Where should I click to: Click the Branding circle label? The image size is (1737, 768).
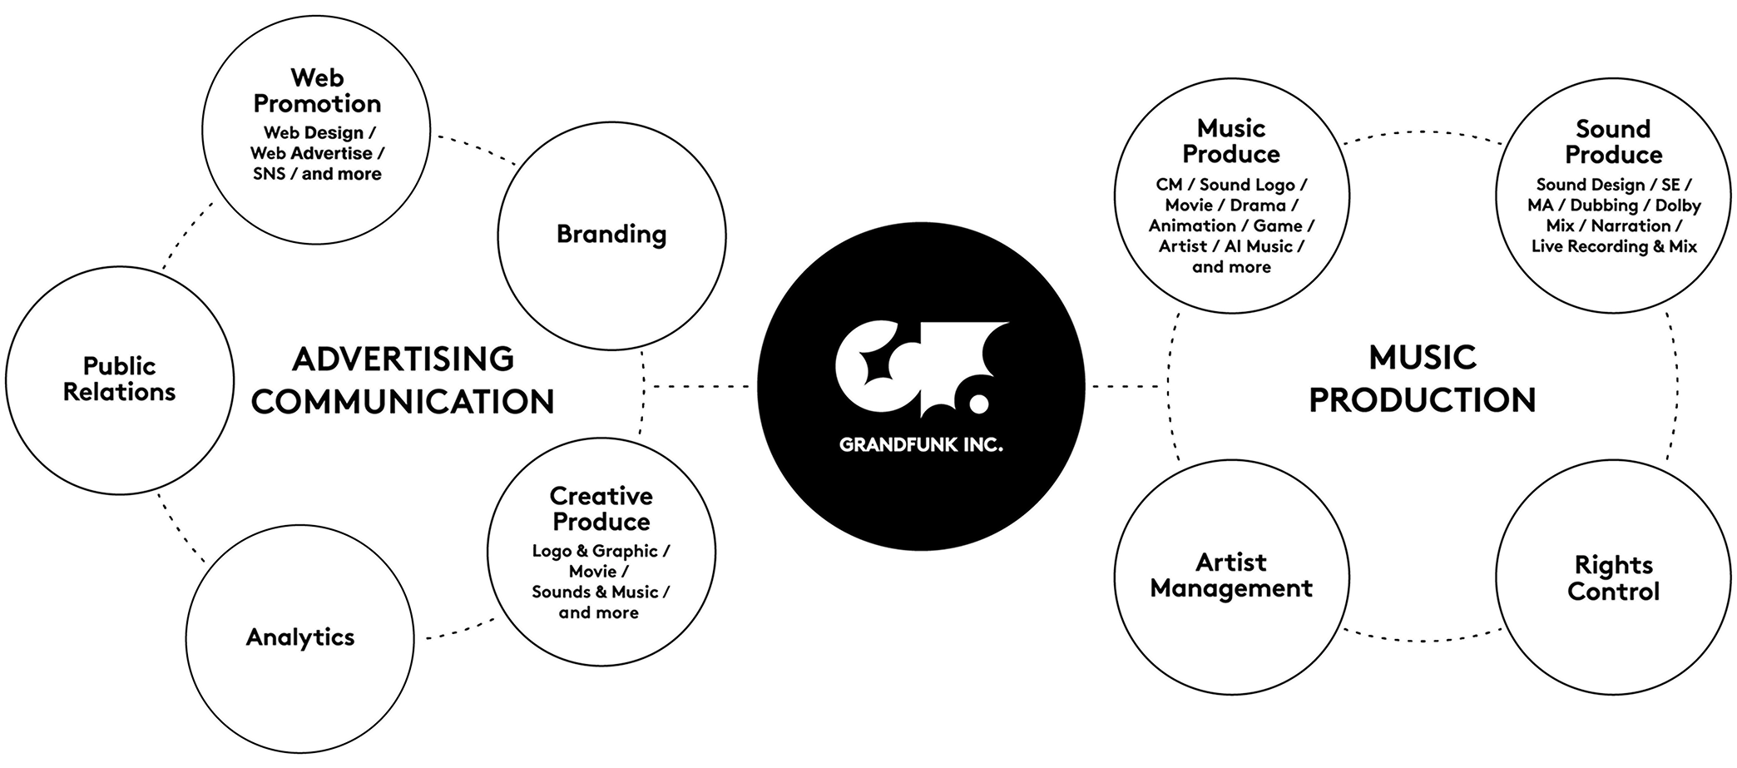point(611,235)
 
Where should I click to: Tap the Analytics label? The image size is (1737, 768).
point(300,637)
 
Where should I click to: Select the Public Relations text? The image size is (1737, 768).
point(120,379)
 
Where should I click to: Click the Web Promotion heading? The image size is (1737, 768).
point(317,91)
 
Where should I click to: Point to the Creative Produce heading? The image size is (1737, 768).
point(601,508)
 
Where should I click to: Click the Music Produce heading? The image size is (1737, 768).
point(1231,141)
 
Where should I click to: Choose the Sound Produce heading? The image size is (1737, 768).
point(1613,142)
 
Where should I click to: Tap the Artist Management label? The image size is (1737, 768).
point(1231,575)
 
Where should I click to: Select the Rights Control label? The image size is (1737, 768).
point(1613,578)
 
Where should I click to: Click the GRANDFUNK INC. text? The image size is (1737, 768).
point(921,445)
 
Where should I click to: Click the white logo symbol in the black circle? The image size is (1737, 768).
point(922,369)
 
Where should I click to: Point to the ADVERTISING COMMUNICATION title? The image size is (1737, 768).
point(403,380)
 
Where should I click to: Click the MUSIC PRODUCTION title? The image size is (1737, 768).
point(1423,379)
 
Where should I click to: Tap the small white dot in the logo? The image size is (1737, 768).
point(979,404)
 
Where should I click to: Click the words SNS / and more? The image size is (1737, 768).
point(317,174)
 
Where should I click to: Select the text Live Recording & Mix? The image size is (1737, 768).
point(1614,246)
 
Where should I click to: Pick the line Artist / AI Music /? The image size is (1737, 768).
point(1231,246)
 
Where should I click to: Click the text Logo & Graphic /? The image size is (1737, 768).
point(601,551)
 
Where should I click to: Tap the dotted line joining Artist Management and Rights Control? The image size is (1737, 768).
point(1423,639)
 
